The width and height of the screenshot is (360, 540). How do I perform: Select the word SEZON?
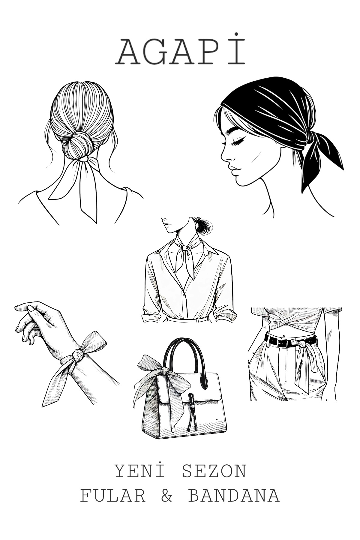pos(214,472)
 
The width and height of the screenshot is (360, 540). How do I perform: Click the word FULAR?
pos(113,496)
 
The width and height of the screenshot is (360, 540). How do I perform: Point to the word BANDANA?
pos(234,496)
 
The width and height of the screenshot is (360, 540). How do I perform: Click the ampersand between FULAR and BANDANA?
pos(167,496)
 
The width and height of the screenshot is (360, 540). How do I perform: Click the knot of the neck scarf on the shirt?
pos(184,248)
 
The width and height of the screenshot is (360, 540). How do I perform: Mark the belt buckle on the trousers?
pos(283,343)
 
